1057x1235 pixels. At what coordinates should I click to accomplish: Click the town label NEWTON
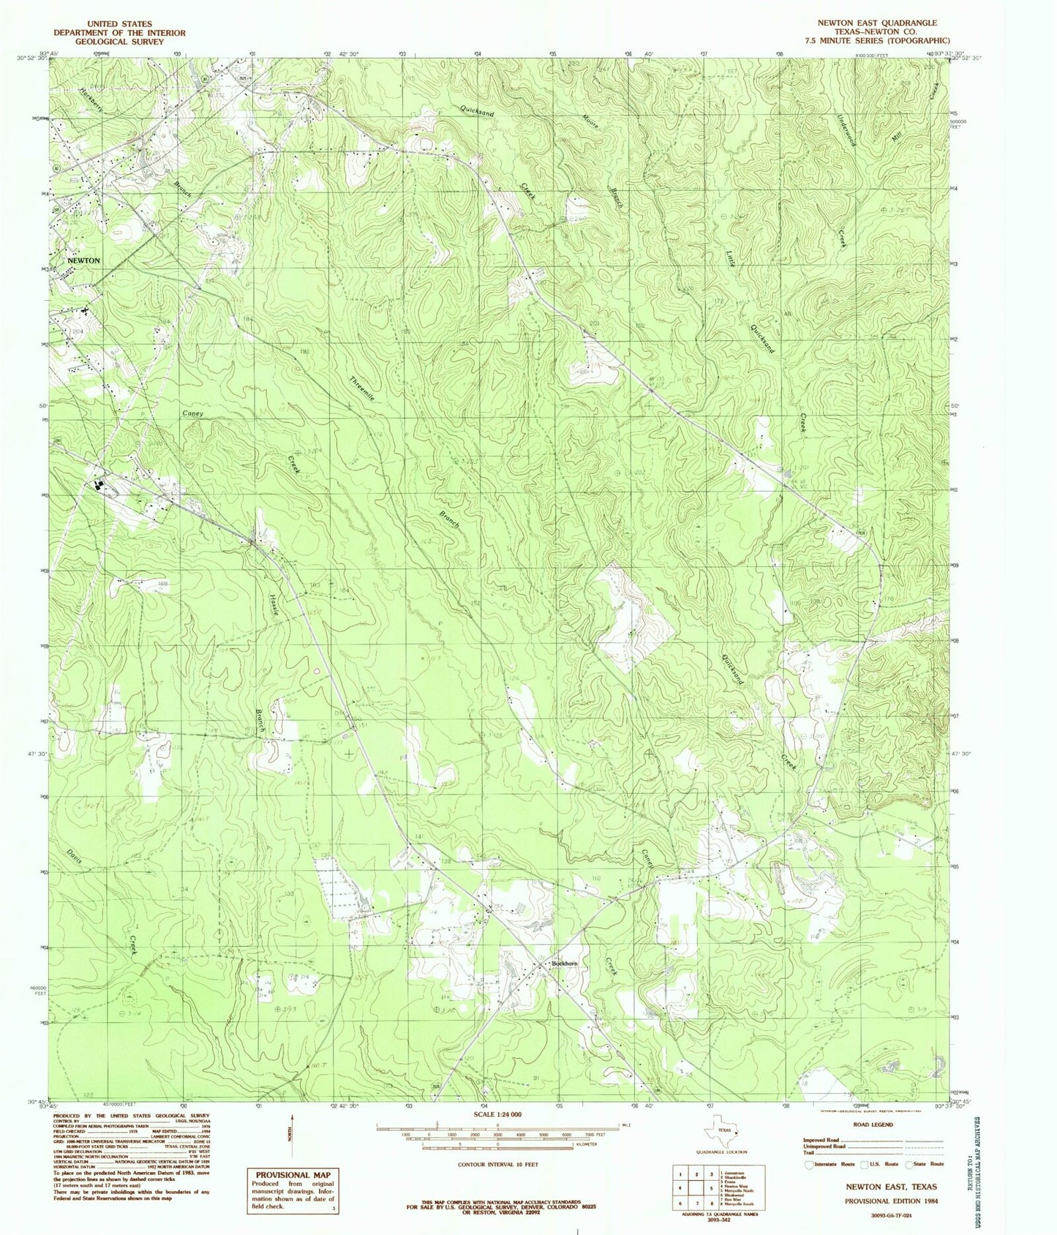click(83, 260)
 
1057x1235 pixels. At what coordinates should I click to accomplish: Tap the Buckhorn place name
click(565, 964)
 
